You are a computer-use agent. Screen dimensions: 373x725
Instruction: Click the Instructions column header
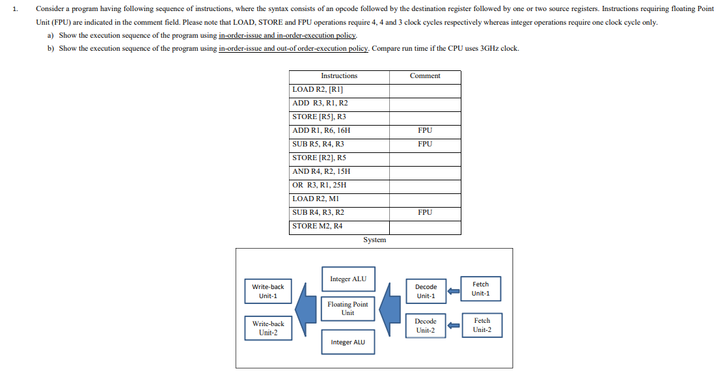[339, 76]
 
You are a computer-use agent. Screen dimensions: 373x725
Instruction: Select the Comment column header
[425, 76]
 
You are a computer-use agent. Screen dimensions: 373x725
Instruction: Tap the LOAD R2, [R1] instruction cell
[318, 90]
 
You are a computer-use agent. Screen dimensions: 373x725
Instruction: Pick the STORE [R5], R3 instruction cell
[320, 117]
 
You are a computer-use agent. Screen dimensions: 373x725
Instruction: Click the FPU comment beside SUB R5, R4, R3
[425, 144]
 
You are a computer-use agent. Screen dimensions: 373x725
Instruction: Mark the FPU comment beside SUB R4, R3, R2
[425, 212]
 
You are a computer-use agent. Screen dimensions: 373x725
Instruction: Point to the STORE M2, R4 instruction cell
[318, 226]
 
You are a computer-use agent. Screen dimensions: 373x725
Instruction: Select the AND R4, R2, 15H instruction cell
[321, 171]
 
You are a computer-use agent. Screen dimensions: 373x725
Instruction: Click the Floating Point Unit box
[348, 309]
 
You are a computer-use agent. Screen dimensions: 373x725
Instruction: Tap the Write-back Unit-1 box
[268, 292]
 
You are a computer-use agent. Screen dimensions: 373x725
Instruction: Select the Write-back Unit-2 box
[268, 328]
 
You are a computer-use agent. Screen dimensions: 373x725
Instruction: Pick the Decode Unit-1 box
[426, 292]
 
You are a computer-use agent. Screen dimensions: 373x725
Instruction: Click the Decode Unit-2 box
[426, 325]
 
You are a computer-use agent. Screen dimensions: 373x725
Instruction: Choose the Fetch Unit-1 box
[481, 289]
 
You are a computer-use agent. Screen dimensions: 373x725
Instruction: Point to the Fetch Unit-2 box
[482, 325]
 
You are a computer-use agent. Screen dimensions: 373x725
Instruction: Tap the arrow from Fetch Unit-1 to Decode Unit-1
[454, 291]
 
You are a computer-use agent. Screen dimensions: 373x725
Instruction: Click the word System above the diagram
[375, 240]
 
